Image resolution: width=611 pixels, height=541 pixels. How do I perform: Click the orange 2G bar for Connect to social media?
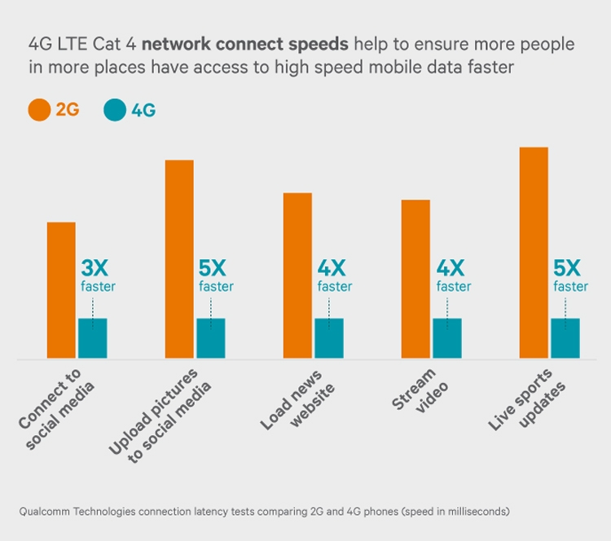click(x=61, y=289)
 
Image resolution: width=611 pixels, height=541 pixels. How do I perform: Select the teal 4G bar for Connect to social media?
click(x=92, y=337)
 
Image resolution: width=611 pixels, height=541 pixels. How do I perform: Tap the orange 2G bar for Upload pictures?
click(x=179, y=259)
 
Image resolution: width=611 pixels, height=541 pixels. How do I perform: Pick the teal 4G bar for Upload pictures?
click(x=210, y=337)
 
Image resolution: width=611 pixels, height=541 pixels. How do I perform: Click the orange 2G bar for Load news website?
click(x=297, y=275)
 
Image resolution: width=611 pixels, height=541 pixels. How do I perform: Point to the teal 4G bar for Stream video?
click(x=446, y=337)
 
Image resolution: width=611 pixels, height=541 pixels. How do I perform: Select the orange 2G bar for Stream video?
click(x=415, y=279)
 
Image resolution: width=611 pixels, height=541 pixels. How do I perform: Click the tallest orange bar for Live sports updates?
click(x=534, y=253)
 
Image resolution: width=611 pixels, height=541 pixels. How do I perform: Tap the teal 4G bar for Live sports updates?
click(x=565, y=337)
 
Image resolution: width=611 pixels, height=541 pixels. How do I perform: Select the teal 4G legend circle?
click(x=116, y=110)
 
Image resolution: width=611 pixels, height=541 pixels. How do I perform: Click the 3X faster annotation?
click(x=97, y=275)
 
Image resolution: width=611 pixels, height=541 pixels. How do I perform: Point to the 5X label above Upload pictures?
click(x=216, y=268)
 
